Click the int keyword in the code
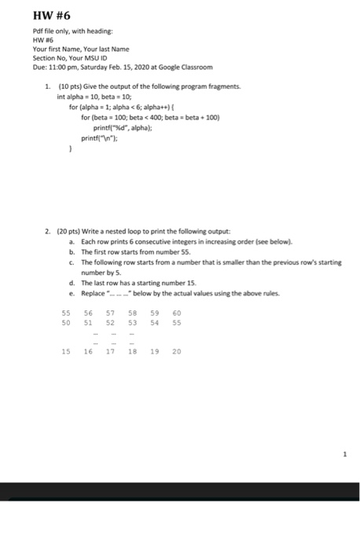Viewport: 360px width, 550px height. (x=62, y=96)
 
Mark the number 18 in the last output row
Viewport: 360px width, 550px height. (x=132, y=351)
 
